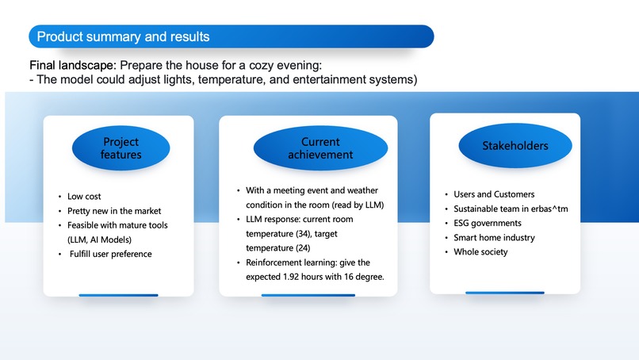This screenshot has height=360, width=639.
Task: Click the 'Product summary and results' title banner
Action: (230, 36)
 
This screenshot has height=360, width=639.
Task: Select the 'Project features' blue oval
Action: (121, 148)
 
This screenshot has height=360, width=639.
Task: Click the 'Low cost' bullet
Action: (84, 196)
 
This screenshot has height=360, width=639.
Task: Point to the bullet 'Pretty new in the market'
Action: (114, 211)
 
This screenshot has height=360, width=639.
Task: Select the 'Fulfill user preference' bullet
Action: (110, 254)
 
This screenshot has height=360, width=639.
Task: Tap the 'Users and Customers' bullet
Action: (494, 194)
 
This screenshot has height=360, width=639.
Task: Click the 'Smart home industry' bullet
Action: (494, 237)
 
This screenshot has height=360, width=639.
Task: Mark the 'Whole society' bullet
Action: (480, 252)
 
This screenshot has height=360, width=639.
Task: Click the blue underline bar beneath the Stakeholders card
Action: (504, 293)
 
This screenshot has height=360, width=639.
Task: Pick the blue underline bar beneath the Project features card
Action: (118, 295)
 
